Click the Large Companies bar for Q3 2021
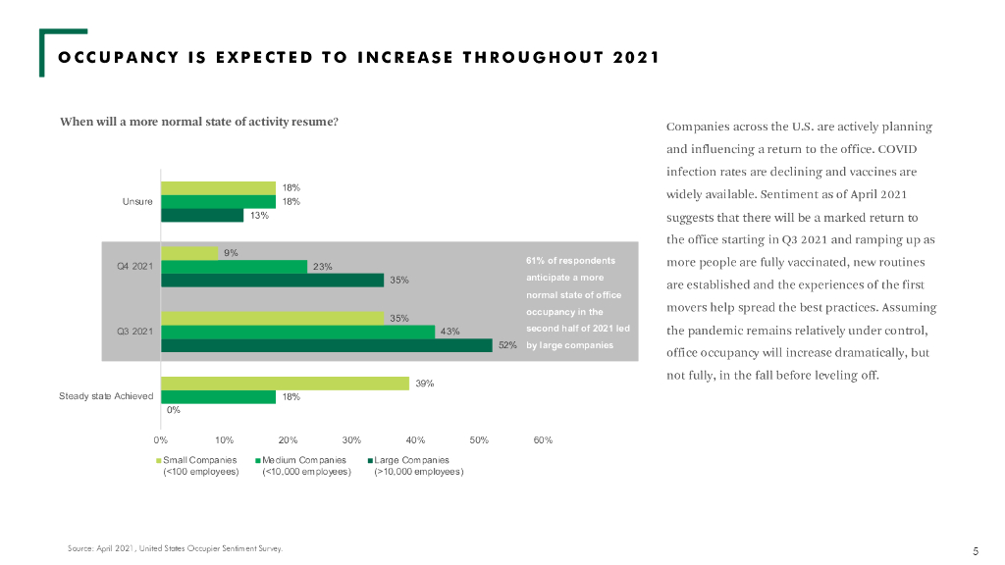pos(326,345)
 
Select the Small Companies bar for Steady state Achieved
pos(285,384)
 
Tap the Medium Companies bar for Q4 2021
pos(234,266)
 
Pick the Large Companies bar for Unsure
pos(201,215)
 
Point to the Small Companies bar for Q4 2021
pos(189,253)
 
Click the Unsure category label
pos(136,202)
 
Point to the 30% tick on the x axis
pos(352,440)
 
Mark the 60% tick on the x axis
pos(543,440)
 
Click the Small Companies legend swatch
pos(157,460)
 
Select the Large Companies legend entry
pos(411,460)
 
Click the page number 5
pos(976,550)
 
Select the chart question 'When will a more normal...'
pos(199,122)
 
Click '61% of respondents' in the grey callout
pos(570,261)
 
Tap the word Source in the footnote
pos(80,548)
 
